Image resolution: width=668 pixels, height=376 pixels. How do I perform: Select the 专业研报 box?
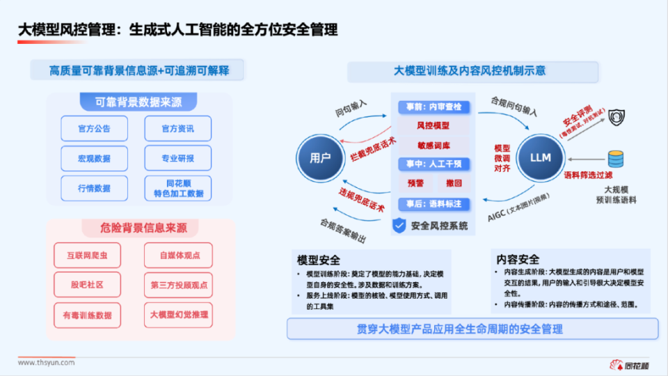coord(177,159)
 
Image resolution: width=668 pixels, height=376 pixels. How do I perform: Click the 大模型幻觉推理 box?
coord(178,315)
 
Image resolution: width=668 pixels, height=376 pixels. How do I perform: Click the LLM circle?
coord(540,157)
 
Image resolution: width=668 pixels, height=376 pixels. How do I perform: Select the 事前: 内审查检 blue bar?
coord(434,107)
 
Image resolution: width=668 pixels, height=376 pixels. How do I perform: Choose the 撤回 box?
coord(453,183)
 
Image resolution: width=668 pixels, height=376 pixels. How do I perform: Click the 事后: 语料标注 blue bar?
coord(434,204)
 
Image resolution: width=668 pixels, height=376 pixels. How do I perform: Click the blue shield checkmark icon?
coord(399,225)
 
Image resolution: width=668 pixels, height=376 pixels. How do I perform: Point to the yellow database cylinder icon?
coord(616,159)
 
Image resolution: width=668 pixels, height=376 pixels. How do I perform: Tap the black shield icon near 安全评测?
coord(615,117)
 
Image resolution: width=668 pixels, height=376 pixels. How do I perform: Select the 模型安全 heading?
coord(319,260)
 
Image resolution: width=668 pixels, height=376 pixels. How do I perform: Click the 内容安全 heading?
coord(518,259)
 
